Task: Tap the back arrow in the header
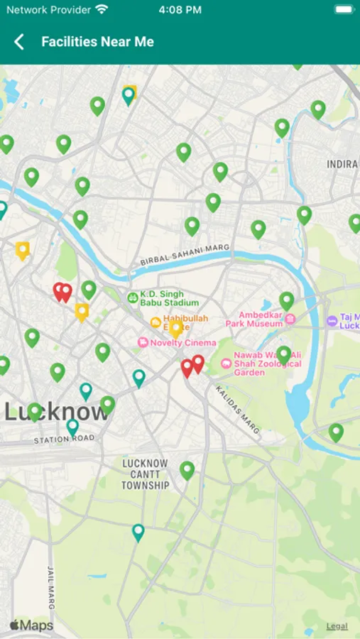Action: pos(19,42)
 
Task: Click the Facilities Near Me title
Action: pos(97,42)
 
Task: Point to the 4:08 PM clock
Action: pos(180,10)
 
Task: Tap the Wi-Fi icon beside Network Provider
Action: pos(102,10)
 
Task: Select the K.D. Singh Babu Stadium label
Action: pos(162,298)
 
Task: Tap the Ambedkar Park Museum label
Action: pos(260,319)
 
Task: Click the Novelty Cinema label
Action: pos(178,343)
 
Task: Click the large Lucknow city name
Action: pos(57,412)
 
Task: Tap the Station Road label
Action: pos(64,439)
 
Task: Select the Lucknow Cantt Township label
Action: pos(145,474)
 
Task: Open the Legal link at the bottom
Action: pos(337,626)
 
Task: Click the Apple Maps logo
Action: pos(31,626)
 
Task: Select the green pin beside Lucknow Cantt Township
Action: pos(187,469)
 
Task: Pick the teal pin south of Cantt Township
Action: pos(138,532)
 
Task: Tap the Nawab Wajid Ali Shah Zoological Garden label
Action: pos(267,364)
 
